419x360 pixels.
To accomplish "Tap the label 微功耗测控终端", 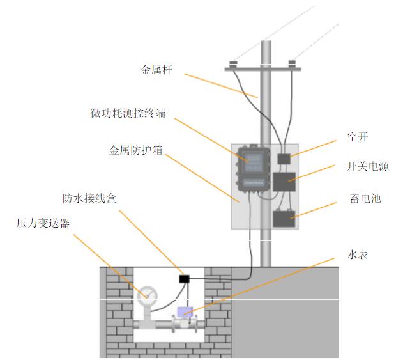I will [x=129, y=113].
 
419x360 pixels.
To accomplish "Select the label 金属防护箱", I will [x=135, y=151].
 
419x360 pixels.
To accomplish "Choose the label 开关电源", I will [x=368, y=167].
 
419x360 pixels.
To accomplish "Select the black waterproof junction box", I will [x=185, y=279].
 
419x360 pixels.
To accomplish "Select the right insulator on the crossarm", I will [x=292, y=63].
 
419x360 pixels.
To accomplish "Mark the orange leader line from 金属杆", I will [x=220, y=86].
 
